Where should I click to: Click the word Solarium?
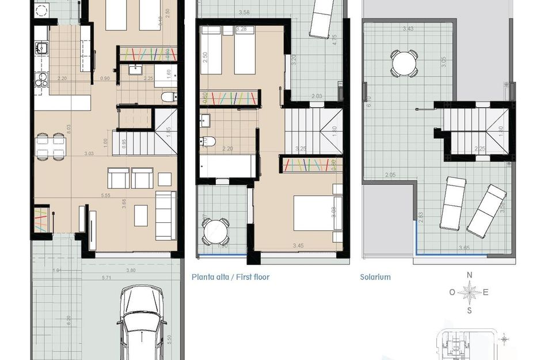(x=375, y=277)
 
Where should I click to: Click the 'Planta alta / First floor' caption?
(x=230, y=277)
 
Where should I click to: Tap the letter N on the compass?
(x=469, y=275)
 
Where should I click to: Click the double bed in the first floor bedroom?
(x=314, y=213)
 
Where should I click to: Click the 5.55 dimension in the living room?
(x=105, y=196)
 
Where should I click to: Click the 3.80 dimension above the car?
(x=131, y=270)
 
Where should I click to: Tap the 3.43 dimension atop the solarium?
(x=408, y=28)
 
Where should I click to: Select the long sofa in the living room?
(x=166, y=215)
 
